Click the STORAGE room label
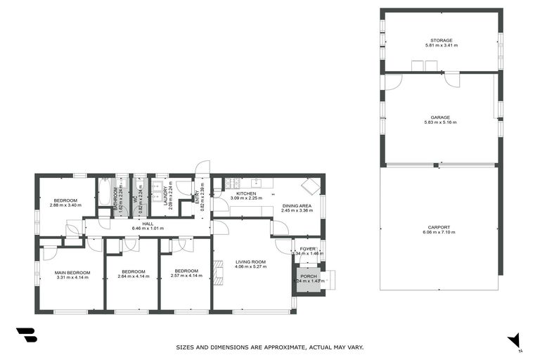[x=442, y=41]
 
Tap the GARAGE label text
[x=441, y=117]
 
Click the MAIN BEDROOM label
[x=73, y=272]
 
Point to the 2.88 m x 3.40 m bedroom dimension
[x=66, y=205]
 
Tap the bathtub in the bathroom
[x=105, y=192]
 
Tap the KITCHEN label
[x=245, y=193]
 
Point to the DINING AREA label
[x=294, y=205]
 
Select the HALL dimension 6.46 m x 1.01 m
[x=148, y=229]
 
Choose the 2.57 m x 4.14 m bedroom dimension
[x=186, y=276]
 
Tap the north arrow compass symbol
[x=515, y=340]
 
